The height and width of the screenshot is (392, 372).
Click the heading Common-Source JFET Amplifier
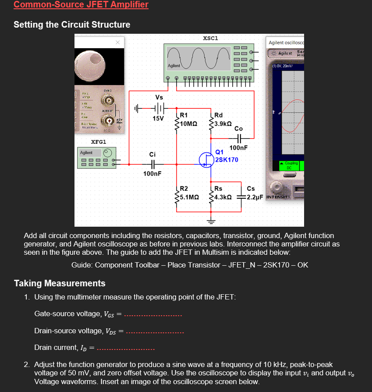(81, 5)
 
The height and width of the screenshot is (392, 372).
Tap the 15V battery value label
(158, 118)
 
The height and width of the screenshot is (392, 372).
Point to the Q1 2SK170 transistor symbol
(206, 159)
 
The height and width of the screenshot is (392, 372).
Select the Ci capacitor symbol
(152, 164)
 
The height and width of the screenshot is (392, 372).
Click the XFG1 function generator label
(99, 142)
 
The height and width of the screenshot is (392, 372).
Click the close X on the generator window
(117, 43)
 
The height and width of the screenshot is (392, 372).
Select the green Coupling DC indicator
(288, 165)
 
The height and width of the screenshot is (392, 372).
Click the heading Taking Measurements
(60, 283)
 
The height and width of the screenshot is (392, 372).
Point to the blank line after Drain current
(125, 349)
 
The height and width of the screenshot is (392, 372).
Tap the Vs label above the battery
(159, 97)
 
